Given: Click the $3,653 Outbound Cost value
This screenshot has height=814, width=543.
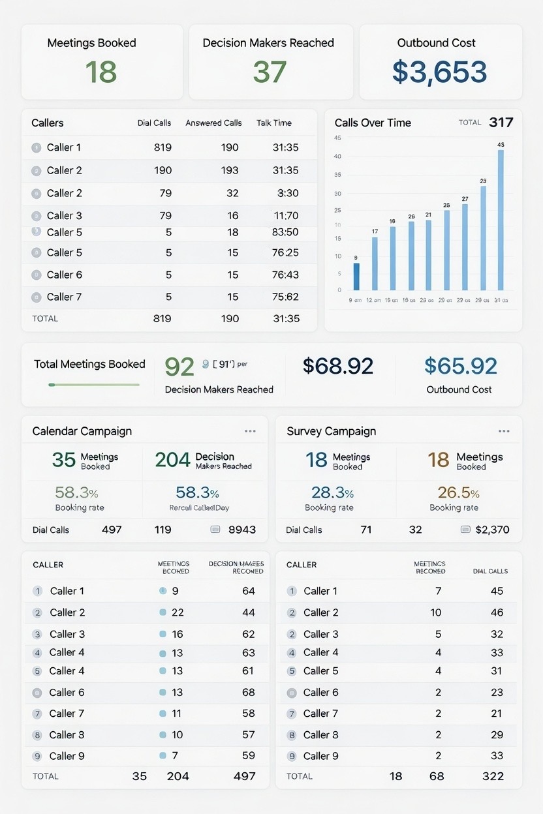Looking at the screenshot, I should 439,72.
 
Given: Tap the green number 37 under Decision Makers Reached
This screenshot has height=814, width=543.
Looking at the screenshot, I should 270,72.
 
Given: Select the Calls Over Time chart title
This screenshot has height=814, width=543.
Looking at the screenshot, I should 373,123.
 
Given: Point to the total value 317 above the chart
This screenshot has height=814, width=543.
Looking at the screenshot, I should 501,122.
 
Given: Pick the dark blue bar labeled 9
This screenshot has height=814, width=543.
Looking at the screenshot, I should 356,276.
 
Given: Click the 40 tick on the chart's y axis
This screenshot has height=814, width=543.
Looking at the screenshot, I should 337,157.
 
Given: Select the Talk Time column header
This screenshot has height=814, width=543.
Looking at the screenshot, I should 274,123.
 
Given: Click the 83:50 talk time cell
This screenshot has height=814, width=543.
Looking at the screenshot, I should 285,232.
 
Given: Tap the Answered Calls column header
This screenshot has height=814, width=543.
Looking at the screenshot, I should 213,123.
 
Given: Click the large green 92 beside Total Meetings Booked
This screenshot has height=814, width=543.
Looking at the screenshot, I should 179,367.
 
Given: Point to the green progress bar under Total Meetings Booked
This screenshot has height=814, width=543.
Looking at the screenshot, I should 94,385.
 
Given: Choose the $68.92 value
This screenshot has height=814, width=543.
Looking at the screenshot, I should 338,366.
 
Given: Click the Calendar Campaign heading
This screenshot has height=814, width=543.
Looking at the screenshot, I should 82,431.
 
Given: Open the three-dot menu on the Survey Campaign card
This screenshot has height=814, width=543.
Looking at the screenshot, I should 503,431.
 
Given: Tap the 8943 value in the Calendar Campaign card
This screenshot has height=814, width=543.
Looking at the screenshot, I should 241,530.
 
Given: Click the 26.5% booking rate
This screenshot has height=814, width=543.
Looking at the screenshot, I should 454,493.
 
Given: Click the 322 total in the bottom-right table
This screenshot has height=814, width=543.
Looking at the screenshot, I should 493,776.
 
